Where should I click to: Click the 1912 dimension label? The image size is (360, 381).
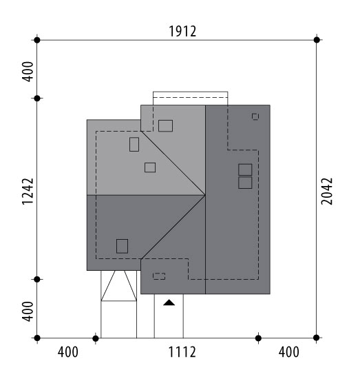click(182, 32)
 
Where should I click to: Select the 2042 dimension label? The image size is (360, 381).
click(327, 192)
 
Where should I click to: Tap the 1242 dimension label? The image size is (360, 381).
click(28, 192)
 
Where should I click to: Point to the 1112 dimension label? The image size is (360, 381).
click(182, 352)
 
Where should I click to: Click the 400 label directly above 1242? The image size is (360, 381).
click(28, 72)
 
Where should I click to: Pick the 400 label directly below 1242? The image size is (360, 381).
click(28, 311)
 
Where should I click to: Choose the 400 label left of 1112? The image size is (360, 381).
click(68, 352)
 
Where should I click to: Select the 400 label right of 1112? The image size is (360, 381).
click(289, 352)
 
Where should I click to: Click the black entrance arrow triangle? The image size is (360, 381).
click(169, 302)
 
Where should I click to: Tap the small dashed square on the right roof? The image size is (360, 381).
click(255, 116)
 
